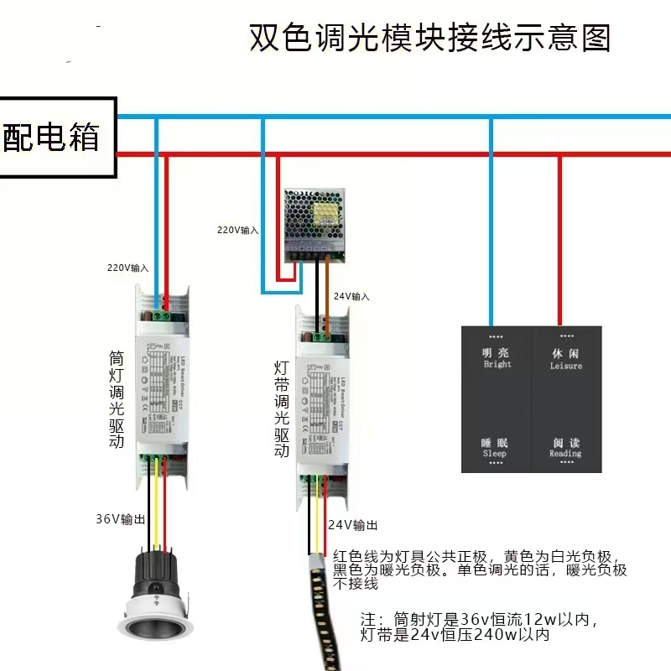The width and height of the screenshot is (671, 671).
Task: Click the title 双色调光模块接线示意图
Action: pyautogui.click(x=430, y=39)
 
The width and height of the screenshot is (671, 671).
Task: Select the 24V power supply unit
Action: pyautogui.click(x=315, y=221)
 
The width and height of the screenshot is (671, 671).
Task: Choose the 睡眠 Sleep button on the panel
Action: pyautogui.click(x=495, y=447)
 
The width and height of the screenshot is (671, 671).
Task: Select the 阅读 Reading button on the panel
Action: pyautogui.click(x=565, y=447)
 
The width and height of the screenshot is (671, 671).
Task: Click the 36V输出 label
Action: pyautogui.click(x=120, y=519)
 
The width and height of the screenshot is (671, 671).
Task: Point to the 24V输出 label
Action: pyautogui.click(x=352, y=526)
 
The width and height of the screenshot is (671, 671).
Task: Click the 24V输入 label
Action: pyautogui.click(x=351, y=296)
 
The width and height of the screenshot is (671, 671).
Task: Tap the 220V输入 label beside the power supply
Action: pyautogui.click(x=238, y=229)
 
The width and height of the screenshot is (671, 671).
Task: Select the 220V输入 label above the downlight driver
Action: pyautogui.click(x=127, y=268)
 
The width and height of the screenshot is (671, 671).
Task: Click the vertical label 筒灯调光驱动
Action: pyautogui.click(x=117, y=398)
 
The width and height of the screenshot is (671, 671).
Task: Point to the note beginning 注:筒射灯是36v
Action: pyautogui.click(x=479, y=627)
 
